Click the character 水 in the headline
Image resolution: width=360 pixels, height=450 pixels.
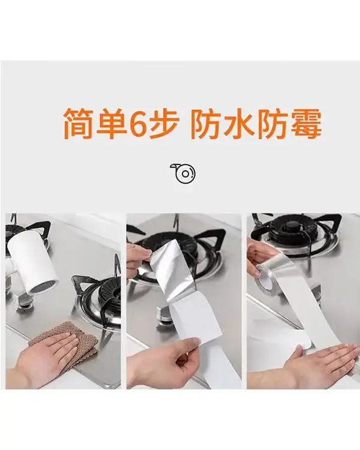239,124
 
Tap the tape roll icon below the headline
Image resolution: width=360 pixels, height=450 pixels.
183,173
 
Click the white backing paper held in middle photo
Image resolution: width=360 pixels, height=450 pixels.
198,324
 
